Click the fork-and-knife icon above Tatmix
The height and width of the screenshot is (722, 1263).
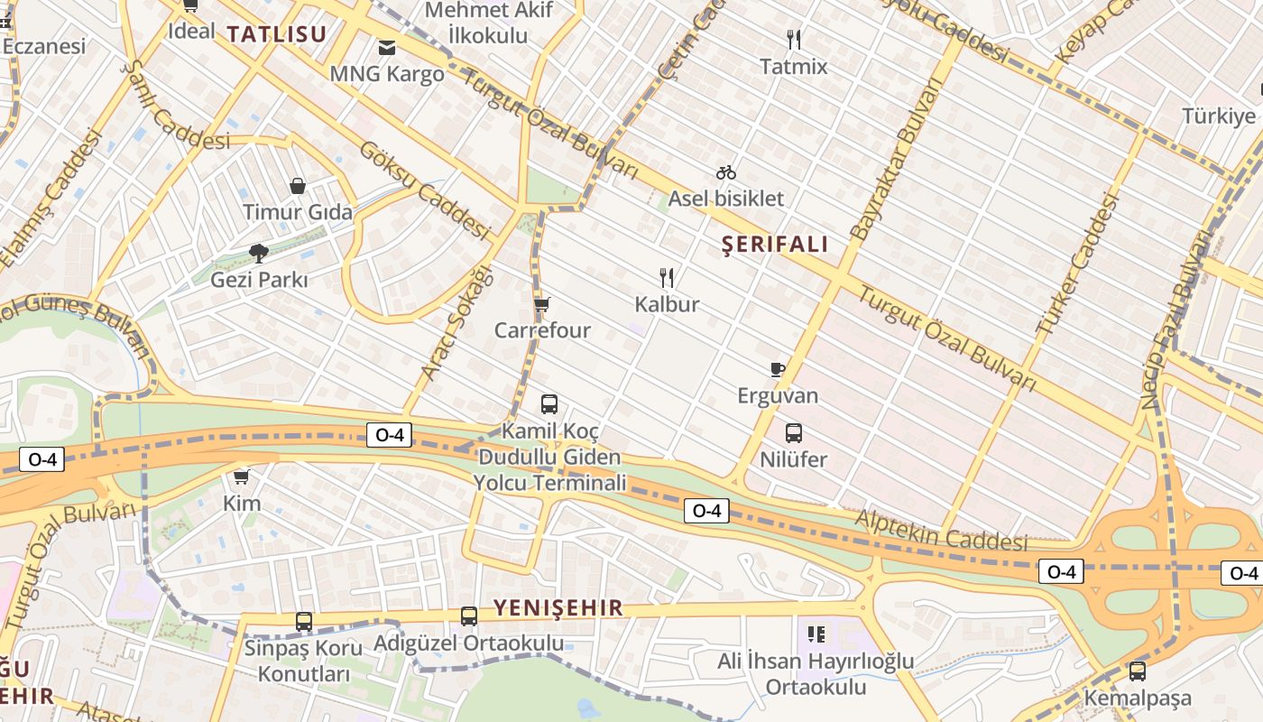click(x=794, y=39)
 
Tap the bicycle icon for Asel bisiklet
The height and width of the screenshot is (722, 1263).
click(x=726, y=171)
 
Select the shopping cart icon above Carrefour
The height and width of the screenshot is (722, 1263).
click(x=541, y=304)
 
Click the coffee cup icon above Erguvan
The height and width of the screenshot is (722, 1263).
click(x=777, y=368)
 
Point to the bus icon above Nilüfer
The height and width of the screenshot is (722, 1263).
click(x=794, y=433)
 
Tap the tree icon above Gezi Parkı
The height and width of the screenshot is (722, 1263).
click(x=259, y=253)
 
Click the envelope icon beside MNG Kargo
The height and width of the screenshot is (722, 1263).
click(x=387, y=47)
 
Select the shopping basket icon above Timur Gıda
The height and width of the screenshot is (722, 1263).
click(x=298, y=186)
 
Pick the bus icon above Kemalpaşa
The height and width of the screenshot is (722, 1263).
click(x=1137, y=671)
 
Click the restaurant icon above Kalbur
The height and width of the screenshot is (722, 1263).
click(x=667, y=277)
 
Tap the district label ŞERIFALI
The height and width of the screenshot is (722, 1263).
click(x=775, y=245)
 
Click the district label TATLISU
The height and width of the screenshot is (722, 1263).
click(x=276, y=34)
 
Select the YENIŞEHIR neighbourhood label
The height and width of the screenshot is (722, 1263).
click(x=558, y=607)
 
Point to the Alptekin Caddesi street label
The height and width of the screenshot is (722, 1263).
click(x=941, y=530)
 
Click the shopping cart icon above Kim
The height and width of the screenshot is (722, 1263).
click(x=241, y=477)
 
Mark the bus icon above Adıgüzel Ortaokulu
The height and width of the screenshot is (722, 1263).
click(x=469, y=616)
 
